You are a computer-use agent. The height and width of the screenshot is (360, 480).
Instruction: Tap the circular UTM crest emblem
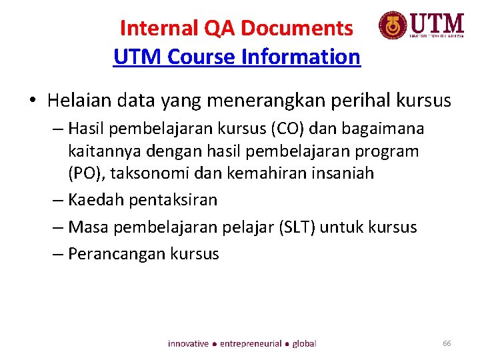(x=392, y=26)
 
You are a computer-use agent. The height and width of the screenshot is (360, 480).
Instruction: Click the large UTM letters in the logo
(x=437, y=24)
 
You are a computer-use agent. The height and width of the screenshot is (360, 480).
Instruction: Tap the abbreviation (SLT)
(x=295, y=227)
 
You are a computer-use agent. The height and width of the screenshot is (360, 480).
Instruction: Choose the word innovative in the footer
(x=188, y=344)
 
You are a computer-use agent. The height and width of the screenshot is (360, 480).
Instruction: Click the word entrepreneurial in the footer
(x=251, y=344)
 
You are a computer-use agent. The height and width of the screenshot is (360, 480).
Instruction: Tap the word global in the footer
(x=304, y=344)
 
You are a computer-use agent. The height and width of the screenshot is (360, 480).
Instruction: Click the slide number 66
(x=447, y=343)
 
